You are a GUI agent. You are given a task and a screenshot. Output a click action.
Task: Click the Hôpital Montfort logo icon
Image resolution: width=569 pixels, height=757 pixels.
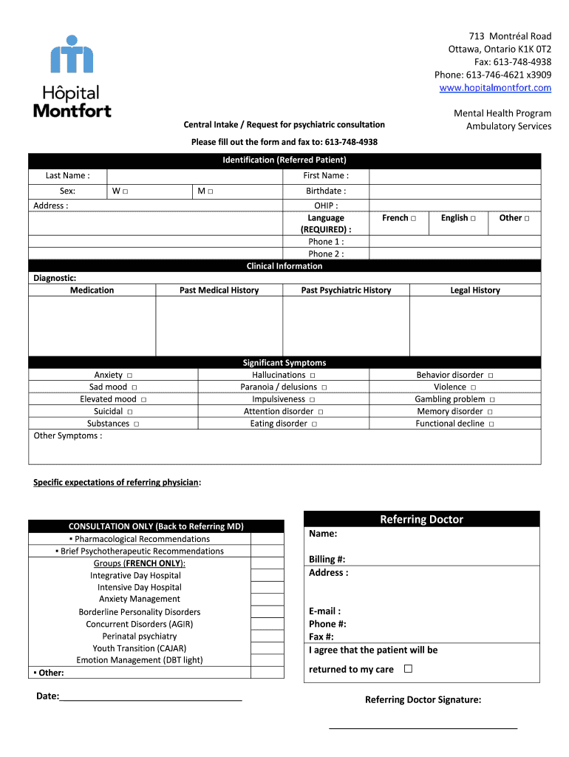pos(72,55)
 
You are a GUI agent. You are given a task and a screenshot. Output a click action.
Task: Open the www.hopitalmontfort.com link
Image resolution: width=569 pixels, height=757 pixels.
pos(495,88)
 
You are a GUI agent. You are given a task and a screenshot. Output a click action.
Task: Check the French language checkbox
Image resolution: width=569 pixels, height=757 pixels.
pos(413,218)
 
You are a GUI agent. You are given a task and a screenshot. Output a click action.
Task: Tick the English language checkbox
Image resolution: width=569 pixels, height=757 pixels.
pos(472,218)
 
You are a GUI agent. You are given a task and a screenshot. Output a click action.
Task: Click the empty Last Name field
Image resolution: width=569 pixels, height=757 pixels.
pos(194,176)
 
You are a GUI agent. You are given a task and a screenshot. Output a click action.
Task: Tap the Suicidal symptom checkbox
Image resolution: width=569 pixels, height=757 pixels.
pos(130,412)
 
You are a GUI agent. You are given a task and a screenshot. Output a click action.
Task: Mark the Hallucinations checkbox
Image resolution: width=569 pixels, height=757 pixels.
pos(313,376)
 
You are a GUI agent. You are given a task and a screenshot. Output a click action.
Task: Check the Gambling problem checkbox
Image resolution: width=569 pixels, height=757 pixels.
pos(491,400)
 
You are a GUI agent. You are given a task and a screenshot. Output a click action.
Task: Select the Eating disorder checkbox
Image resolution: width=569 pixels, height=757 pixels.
pos(314,424)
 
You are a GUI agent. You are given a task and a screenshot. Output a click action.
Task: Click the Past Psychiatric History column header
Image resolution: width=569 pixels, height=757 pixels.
pos(346,291)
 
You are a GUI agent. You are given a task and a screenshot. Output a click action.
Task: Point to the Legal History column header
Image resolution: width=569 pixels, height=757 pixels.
pos(475,291)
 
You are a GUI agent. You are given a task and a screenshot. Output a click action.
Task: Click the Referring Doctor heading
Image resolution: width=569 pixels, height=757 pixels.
pos(421,520)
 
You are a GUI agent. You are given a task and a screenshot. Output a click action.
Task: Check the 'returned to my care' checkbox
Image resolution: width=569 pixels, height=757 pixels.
pos(408,669)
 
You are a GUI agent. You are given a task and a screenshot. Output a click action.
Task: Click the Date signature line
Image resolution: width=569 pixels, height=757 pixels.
pos(151,696)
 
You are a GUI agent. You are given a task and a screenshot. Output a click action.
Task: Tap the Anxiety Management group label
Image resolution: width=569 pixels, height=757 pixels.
pos(140,599)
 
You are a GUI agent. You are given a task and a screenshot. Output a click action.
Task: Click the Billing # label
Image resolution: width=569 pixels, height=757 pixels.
pos(327,560)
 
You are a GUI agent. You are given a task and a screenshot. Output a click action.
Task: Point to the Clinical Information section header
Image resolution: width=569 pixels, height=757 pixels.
pos(284,266)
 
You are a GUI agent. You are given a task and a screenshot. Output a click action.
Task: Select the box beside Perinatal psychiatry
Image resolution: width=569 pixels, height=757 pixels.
pos(267,636)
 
